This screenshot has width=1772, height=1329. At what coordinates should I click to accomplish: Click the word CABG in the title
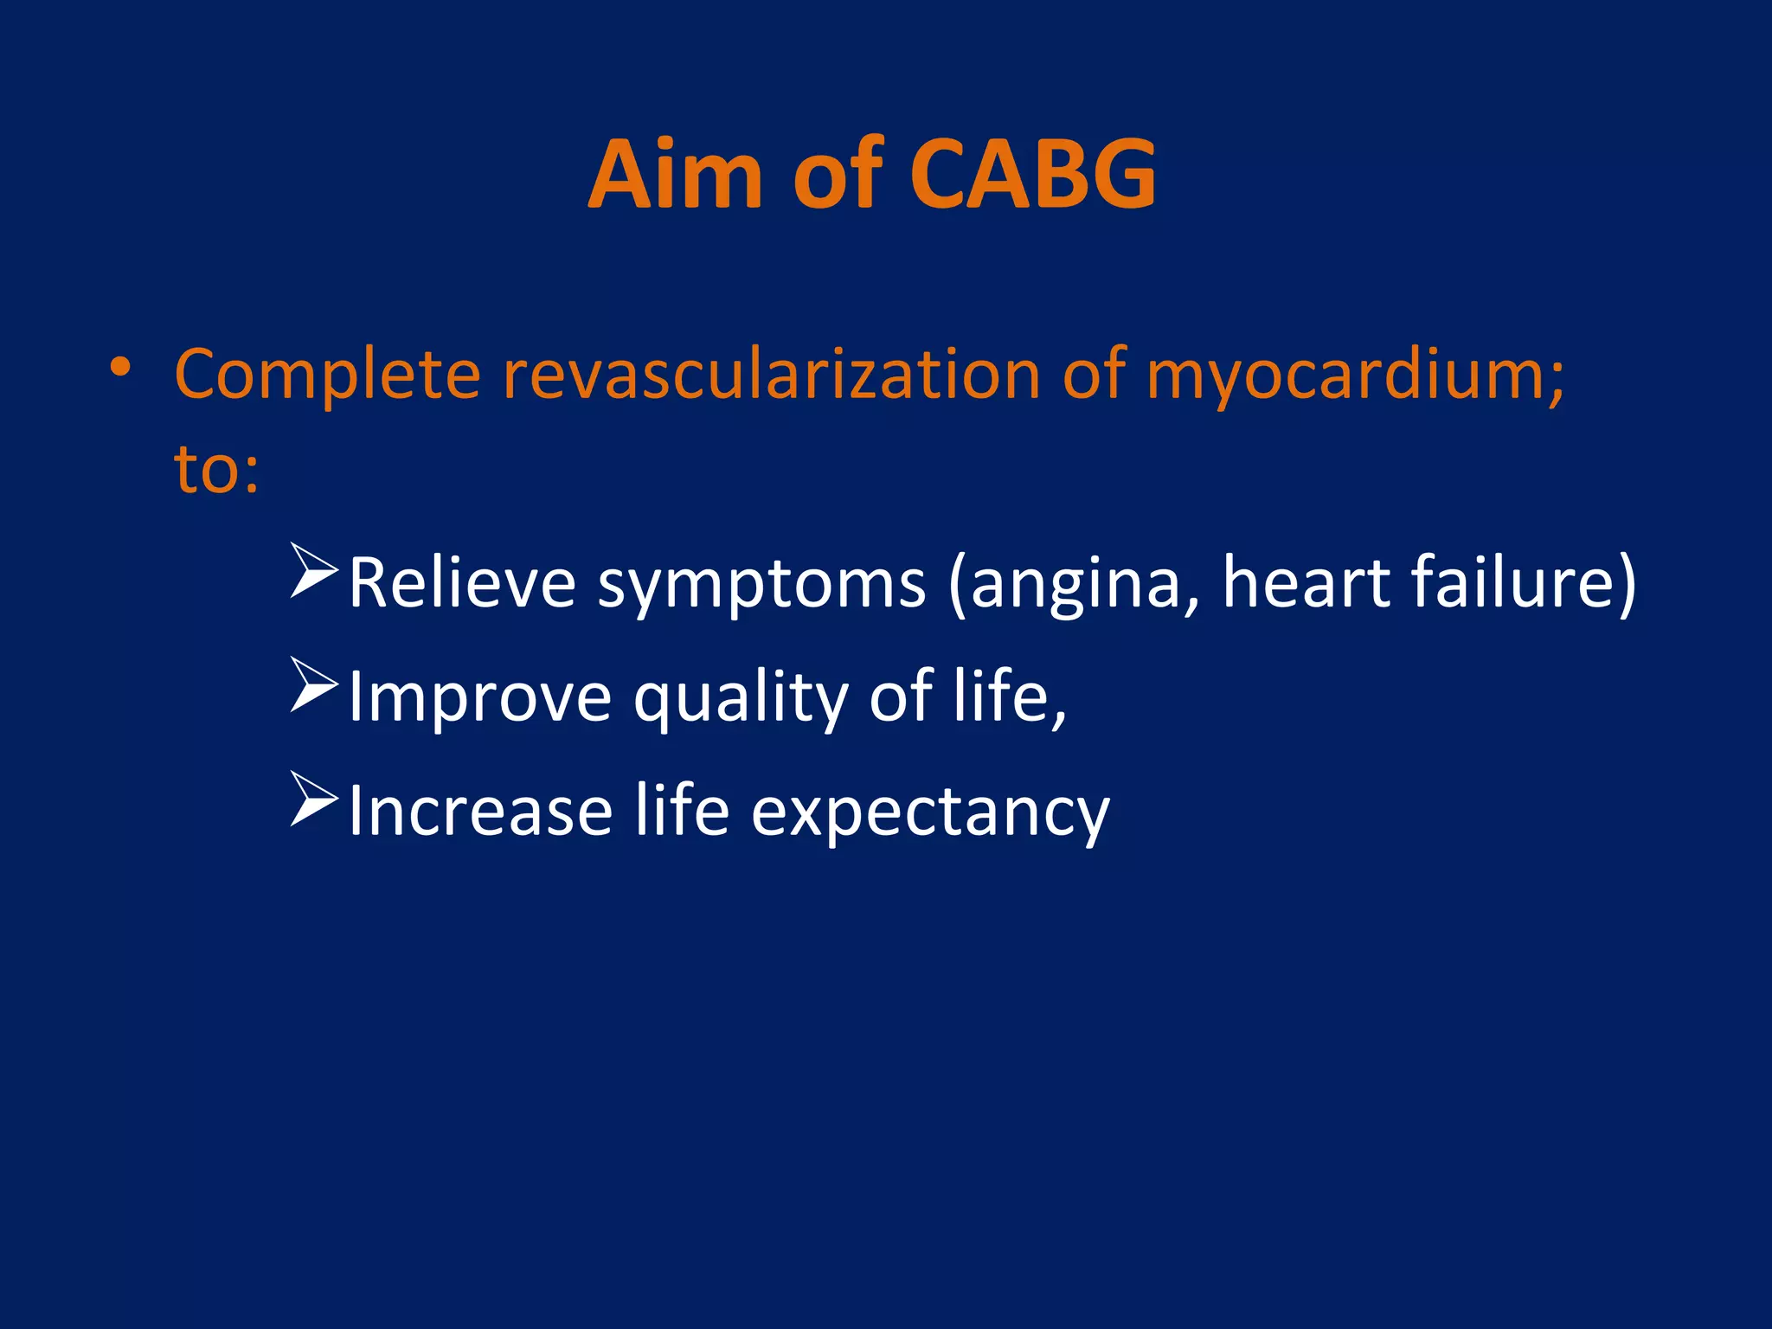point(1033,175)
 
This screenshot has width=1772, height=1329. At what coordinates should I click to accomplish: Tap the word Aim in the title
point(675,175)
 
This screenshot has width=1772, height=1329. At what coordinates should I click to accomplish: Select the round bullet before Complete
point(120,369)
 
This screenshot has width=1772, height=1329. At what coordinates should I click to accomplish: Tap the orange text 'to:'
point(216,469)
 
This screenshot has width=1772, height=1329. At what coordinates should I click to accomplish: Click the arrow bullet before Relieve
point(313,571)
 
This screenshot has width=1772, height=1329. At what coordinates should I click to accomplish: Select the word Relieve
point(462,583)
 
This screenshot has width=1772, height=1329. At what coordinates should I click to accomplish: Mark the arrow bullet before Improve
point(313,685)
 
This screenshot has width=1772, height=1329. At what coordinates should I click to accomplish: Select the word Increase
point(480,812)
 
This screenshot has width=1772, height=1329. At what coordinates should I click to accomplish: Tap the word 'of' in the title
point(837,175)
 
